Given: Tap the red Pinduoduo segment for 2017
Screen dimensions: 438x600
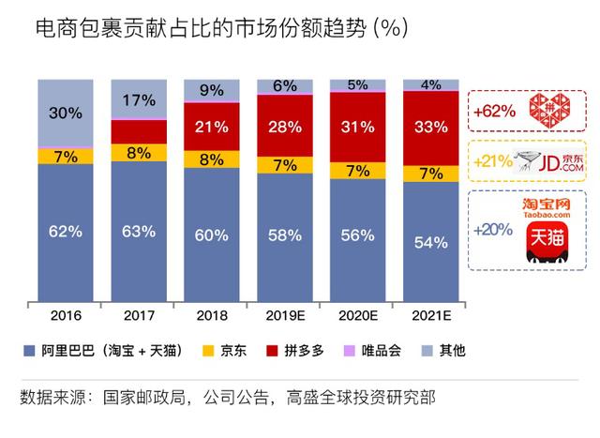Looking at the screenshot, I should (x=138, y=131).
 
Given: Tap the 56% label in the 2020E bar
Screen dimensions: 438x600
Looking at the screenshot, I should (x=357, y=236).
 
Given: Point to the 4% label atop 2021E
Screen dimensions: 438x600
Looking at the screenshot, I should (x=430, y=84).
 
